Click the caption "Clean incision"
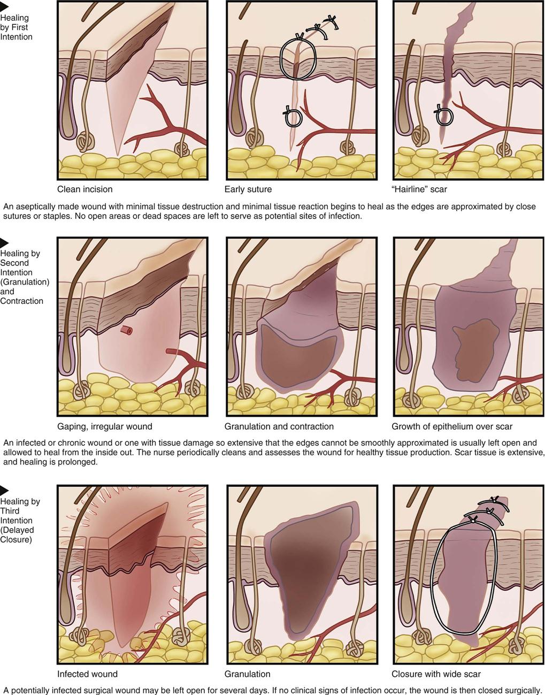point(85,189)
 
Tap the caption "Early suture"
point(248,189)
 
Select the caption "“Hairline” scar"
point(419,189)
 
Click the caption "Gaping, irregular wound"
point(104,426)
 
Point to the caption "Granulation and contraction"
point(279,426)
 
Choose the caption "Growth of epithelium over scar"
point(452,426)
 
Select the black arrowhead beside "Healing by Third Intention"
point(4,490)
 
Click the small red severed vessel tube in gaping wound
point(127,331)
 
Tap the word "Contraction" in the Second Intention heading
point(21,301)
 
